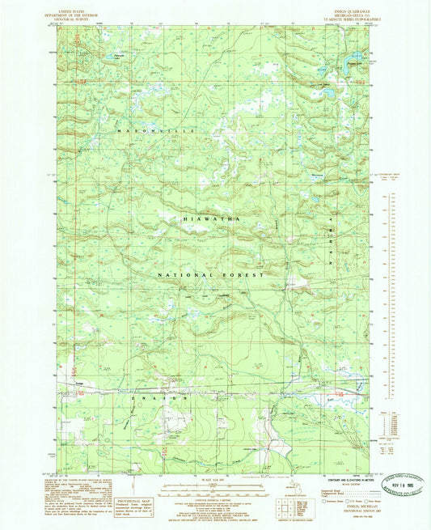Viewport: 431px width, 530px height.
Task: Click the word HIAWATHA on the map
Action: (x=212, y=218)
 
